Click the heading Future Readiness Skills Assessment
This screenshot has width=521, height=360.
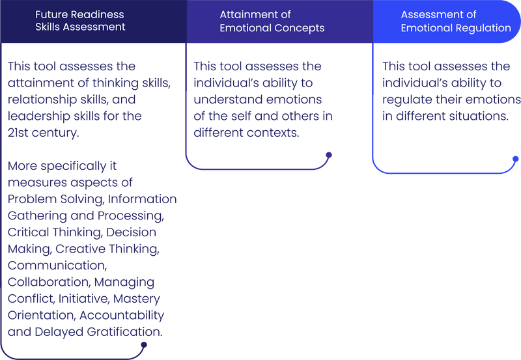coord(80,21)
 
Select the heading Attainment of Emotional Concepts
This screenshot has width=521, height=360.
coord(272,21)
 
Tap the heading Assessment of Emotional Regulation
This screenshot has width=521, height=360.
coord(455,21)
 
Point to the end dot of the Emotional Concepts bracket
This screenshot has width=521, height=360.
coord(329,155)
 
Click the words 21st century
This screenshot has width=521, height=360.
coord(46,133)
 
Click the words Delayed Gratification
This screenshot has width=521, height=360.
coord(85,331)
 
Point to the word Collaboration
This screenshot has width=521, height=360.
coord(48,283)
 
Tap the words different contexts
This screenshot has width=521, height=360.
coord(246,133)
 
